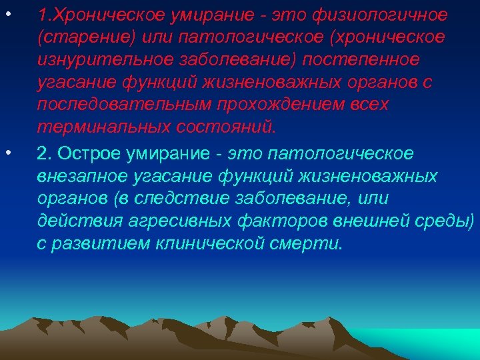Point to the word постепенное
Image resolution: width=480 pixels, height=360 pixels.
[362, 60]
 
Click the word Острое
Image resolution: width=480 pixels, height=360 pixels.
[83, 153]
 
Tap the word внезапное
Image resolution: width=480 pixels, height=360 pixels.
[78, 177]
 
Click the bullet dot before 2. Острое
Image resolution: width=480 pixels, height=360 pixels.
[9, 153]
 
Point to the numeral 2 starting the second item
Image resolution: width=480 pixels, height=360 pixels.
[43, 153]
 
